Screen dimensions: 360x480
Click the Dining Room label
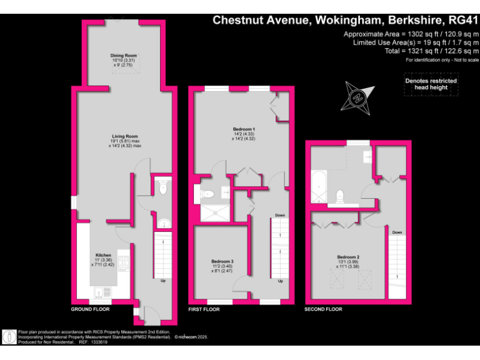(124, 56)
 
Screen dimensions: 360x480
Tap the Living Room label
(125, 136)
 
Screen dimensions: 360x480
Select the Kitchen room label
(103, 255)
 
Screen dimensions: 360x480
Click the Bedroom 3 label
(223, 261)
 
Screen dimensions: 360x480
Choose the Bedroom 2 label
(348, 257)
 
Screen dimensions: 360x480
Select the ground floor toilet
(162, 186)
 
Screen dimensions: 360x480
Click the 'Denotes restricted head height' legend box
(431, 84)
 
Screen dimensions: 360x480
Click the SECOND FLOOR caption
(323, 309)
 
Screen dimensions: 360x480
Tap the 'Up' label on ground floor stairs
(164, 281)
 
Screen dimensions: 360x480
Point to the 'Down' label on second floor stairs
(397, 232)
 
